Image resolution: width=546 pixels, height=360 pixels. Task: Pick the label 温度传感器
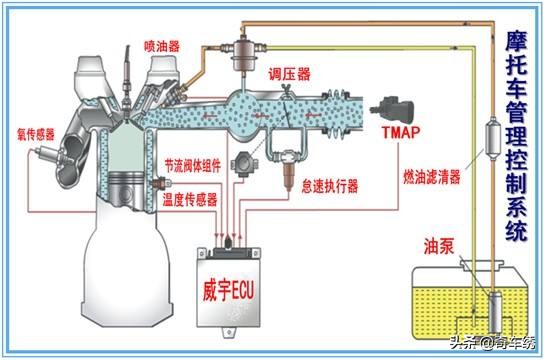point(190,198)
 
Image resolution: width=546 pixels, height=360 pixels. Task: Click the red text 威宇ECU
point(232,294)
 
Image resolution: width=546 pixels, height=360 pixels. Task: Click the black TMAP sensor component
point(396,106)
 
